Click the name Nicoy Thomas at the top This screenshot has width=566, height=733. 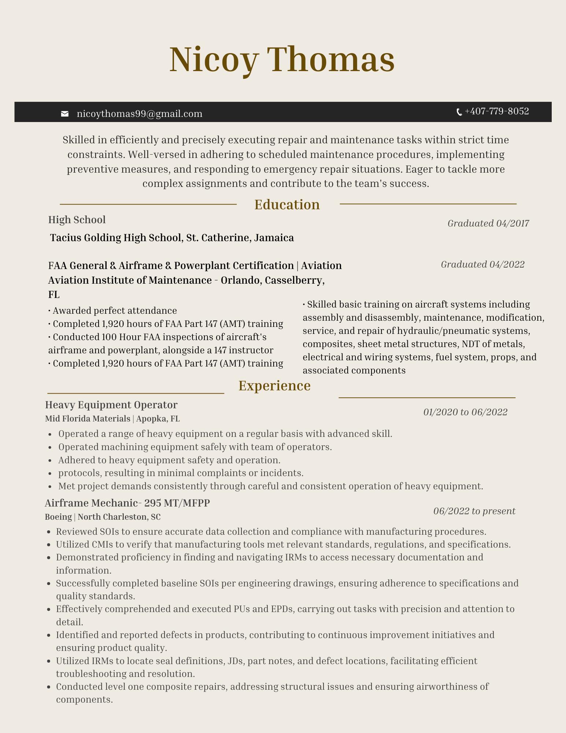click(282, 59)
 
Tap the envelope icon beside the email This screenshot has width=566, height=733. click(65, 114)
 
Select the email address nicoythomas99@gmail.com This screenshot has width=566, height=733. click(140, 114)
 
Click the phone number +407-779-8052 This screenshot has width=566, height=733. click(496, 111)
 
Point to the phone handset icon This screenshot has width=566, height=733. click(459, 112)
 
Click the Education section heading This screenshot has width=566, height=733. click(287, 205)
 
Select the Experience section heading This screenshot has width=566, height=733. click(274, 386)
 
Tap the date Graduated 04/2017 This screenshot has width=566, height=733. click(488, 223)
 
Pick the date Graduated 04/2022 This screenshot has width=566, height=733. click(482, 264)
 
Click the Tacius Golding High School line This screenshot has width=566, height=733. click(172, 238)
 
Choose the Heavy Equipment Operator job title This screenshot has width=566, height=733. click(111, 405)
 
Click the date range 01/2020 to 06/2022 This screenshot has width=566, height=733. click(465, 412)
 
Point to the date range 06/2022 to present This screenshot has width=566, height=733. click(474, 511)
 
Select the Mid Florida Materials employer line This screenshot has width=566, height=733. click(112, 419)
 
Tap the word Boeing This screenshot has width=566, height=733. click(58, 517)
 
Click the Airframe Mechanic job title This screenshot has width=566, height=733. click(127, 503)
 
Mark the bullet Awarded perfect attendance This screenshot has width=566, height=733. click(113, 311)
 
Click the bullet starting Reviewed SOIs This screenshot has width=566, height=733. click(271, 531)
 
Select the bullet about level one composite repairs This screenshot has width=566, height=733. click(272, 693)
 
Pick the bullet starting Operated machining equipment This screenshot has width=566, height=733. click(195, 447)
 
